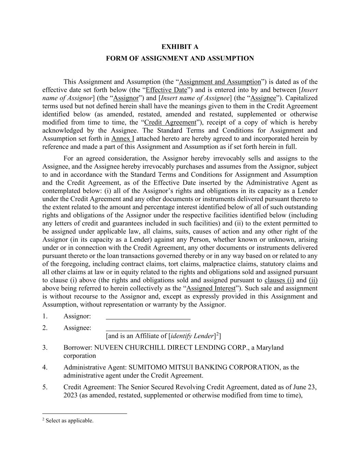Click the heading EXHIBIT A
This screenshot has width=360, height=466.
(180, 47)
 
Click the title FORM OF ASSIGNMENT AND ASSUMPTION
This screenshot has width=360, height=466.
(180, 58)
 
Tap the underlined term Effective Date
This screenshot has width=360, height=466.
(167, 90)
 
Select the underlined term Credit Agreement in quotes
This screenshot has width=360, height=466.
(171, 123)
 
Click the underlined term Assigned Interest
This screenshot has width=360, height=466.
(211, 288)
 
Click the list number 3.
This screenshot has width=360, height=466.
(45, 348)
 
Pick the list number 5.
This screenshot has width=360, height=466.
(45, 387)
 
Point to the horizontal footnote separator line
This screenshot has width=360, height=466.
(85, 414)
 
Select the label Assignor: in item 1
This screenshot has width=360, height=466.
(77, 316)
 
